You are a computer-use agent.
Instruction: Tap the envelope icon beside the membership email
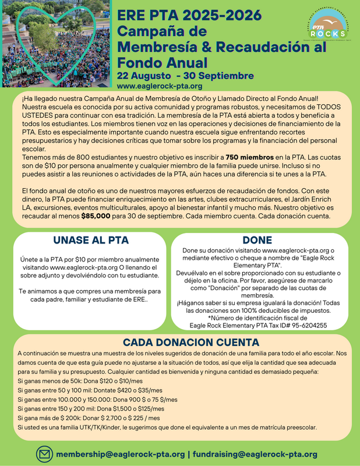[x=44, y=453]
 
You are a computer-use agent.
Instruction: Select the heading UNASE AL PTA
[x=90, y=240]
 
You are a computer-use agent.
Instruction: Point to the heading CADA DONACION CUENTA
[x=181, y=342]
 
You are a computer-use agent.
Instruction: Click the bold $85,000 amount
[x=98, y=216]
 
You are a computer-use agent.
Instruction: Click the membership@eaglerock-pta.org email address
[x=121, y=454]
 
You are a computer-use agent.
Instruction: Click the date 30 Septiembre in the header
[x=215, y=76]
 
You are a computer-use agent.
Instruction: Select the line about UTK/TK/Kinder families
[x=167, y=427]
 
